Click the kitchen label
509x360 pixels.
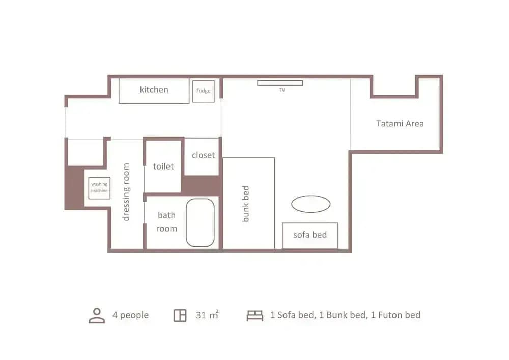[154, 89]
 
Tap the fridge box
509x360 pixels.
[204, 91]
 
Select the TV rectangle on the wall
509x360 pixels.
[280, 83]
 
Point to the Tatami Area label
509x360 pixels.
[400, 123]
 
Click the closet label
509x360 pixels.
[203, 155]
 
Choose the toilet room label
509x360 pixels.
[163, 166]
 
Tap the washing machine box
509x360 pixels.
[99, 188]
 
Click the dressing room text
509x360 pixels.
[126, 192]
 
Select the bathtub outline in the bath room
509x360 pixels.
[200, 223]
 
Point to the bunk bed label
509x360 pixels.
[246, 204]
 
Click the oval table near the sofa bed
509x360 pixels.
[311, 204]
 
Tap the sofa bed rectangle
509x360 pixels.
[310, 236]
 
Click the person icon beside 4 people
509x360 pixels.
[97, 316]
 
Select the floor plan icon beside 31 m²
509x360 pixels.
[180, 315]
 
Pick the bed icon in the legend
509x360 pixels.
[255, 315]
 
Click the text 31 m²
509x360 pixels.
[207, 315]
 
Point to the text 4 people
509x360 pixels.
[130, 315]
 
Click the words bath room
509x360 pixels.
[166, 221]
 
